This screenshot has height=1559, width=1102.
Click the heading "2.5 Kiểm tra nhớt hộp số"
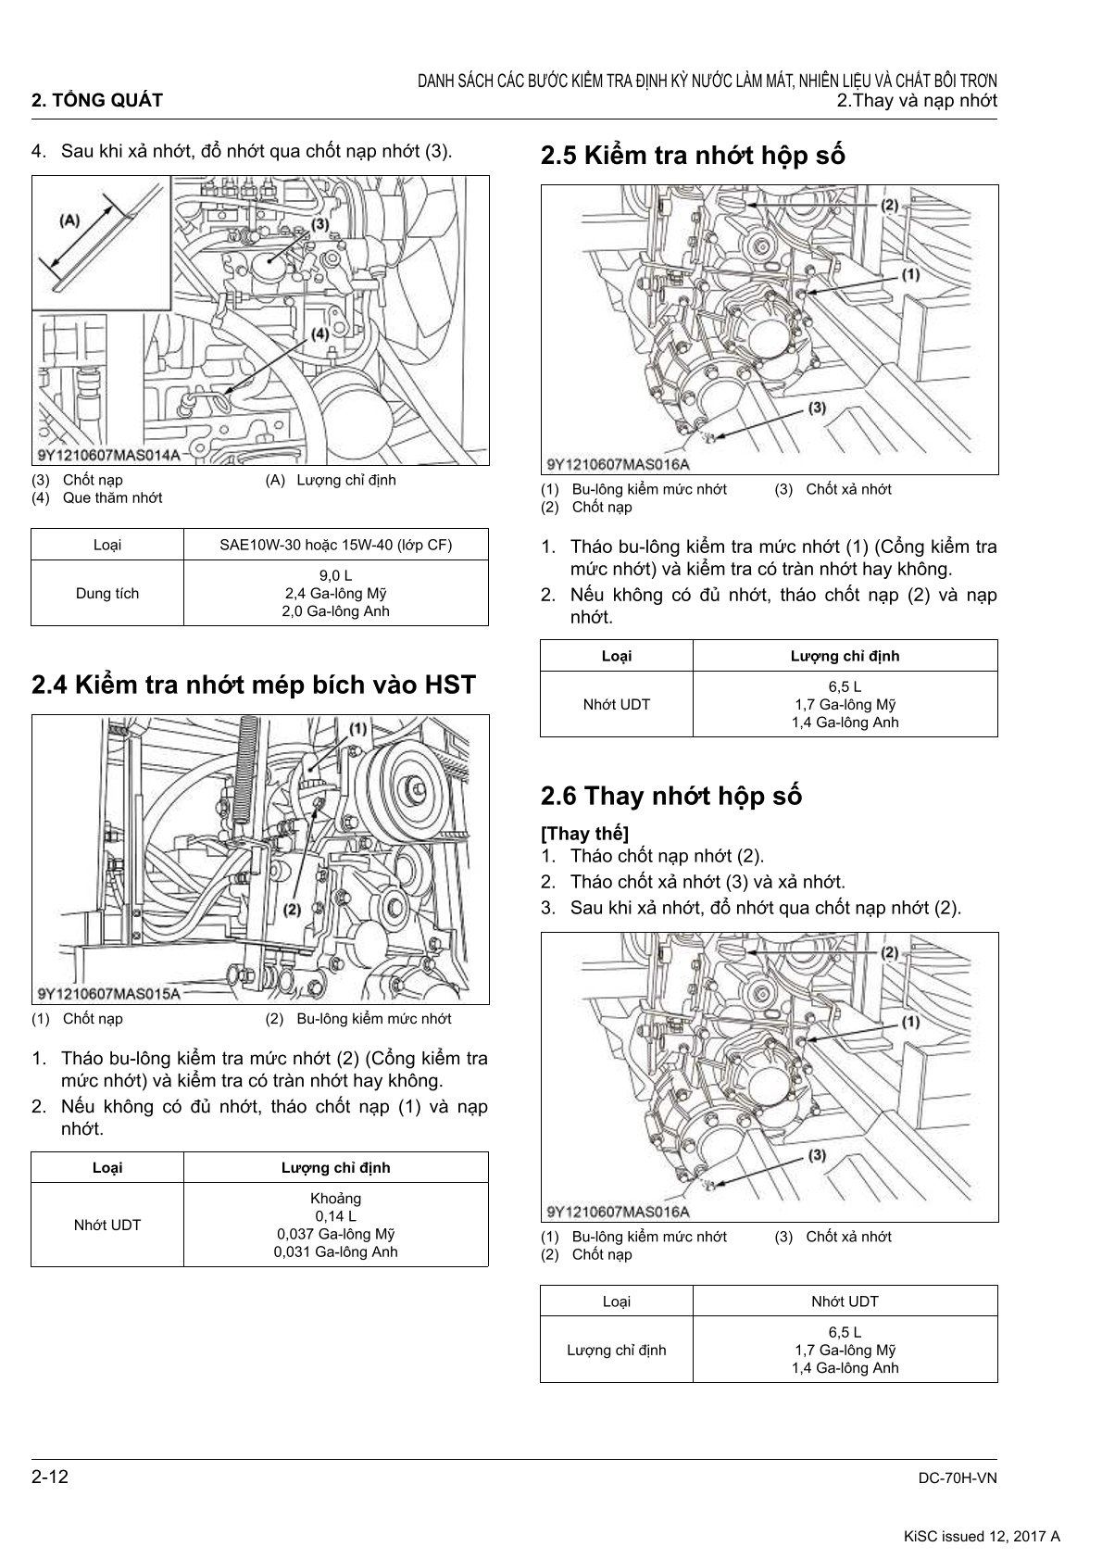(693, 156)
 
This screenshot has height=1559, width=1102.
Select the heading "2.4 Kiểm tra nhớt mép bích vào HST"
(253, 685)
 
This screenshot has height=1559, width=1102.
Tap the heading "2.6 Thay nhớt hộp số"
(670, 796)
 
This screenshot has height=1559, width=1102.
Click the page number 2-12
(50, 1477)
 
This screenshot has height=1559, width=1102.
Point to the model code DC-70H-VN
(957, 1478)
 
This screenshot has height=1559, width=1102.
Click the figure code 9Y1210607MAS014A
(109, 455)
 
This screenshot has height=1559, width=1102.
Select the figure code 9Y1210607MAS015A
(109, 994)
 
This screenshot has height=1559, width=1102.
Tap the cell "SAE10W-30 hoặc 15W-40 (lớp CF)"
(335, 545)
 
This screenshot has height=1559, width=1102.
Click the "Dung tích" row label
(107, 593)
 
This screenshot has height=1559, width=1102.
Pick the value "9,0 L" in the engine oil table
(335, 576)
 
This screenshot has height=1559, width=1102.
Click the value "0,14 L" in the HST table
(335, 1216)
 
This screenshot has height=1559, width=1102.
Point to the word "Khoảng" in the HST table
(335, 1199)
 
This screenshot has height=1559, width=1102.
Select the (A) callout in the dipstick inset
(69, 220)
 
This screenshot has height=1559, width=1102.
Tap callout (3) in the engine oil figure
(320, 224)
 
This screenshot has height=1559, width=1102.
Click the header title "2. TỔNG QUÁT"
(97, 101)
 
